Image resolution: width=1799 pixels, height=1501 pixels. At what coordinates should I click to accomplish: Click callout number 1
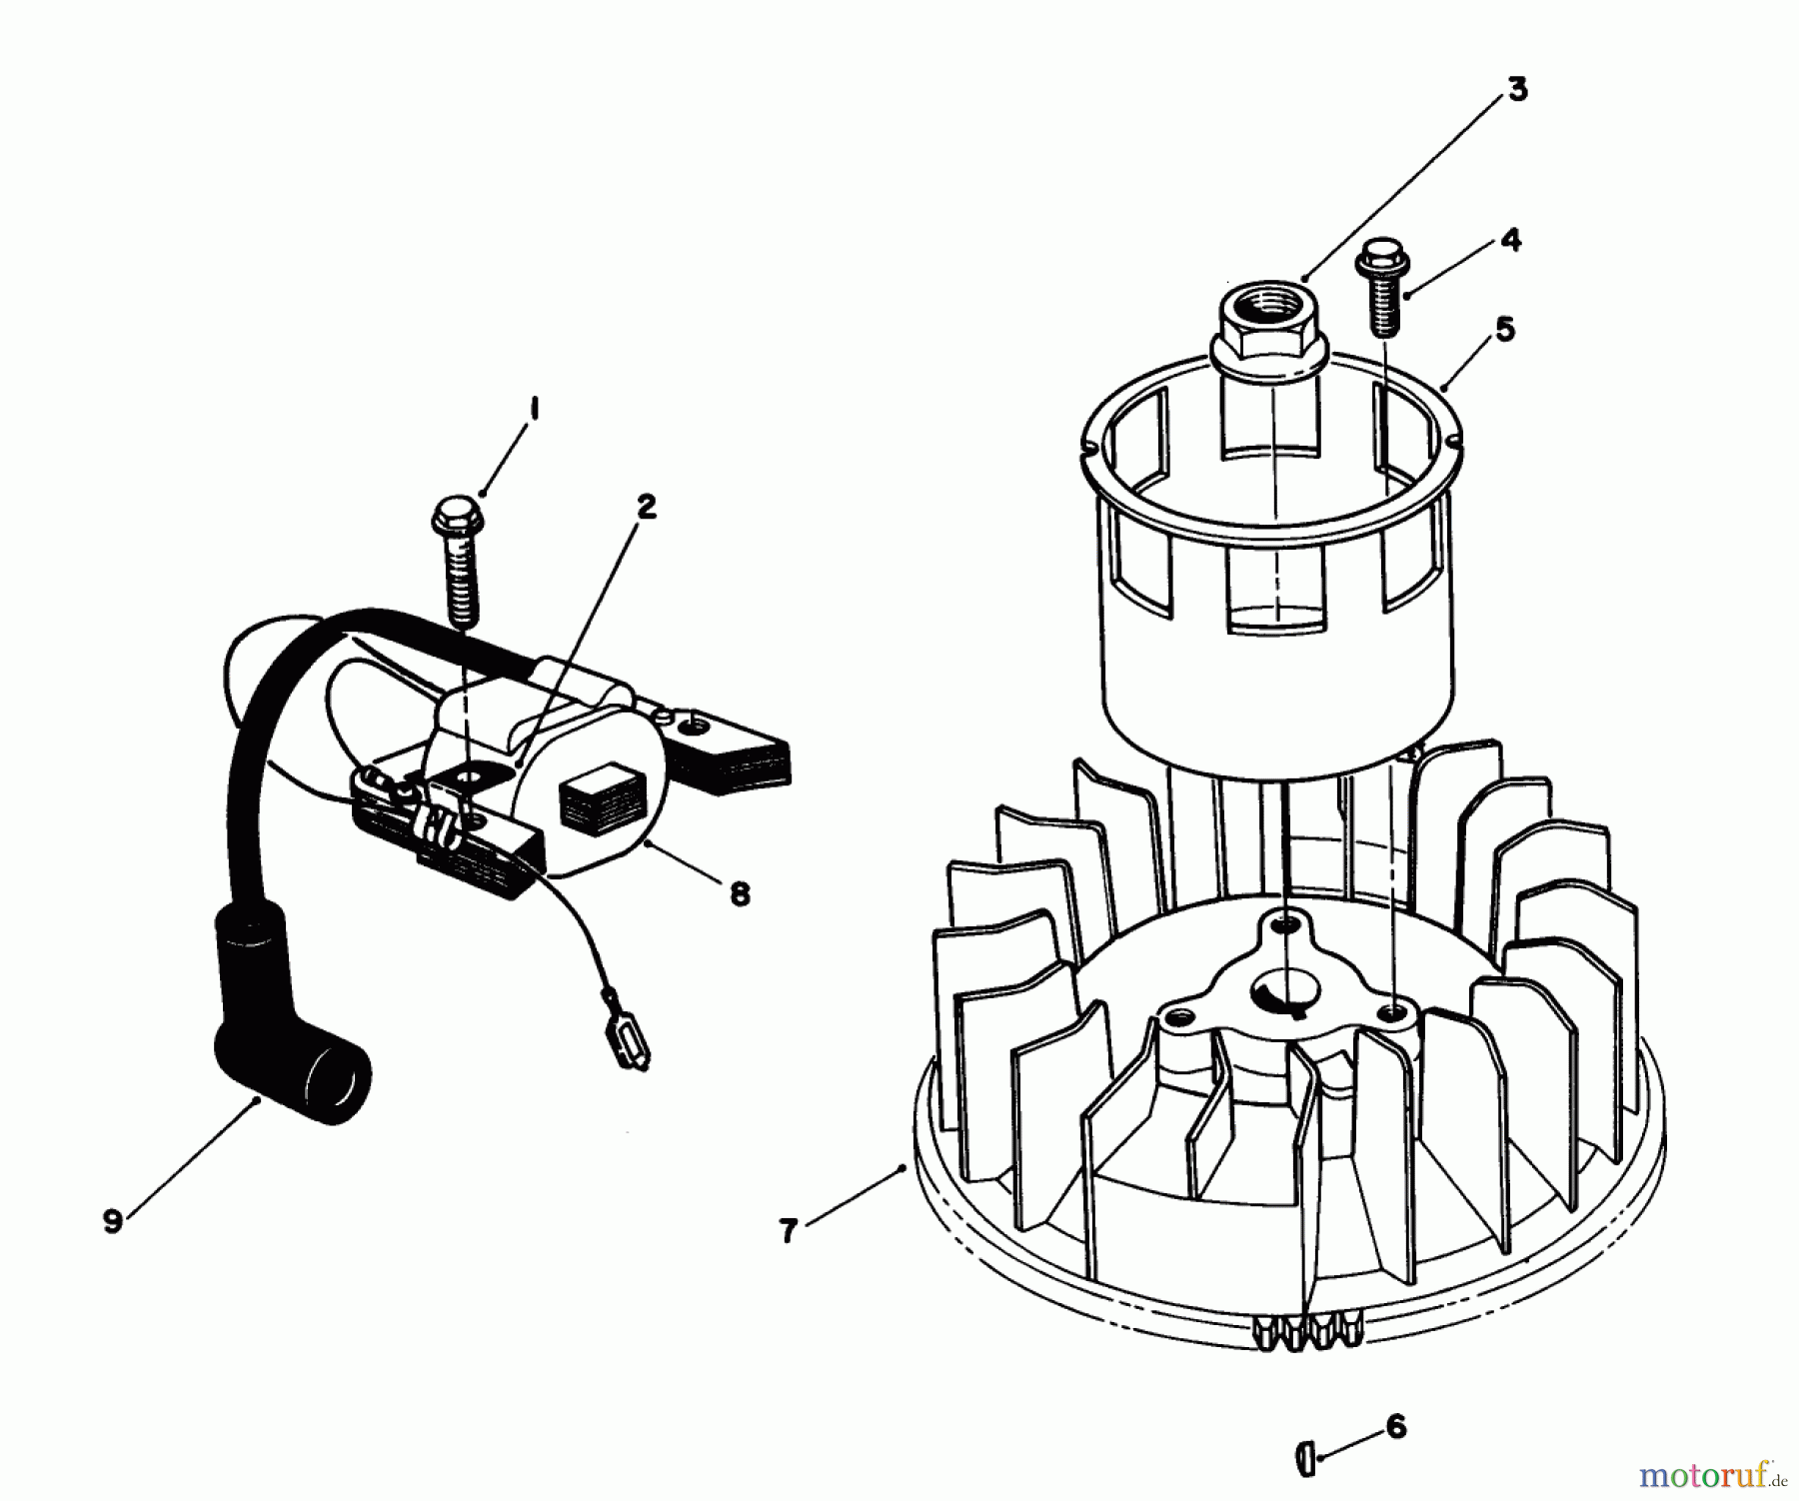point(535,409)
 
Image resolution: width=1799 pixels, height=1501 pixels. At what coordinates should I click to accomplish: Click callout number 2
point(647,507)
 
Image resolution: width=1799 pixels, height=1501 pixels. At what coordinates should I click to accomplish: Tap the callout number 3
point(1516,90)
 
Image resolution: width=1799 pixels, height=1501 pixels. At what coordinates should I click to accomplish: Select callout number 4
point(1510,240)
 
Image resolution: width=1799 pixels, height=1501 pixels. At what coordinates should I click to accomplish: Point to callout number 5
point(1504,328)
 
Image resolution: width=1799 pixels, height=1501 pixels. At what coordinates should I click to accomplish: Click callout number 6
point(1396,1426)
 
